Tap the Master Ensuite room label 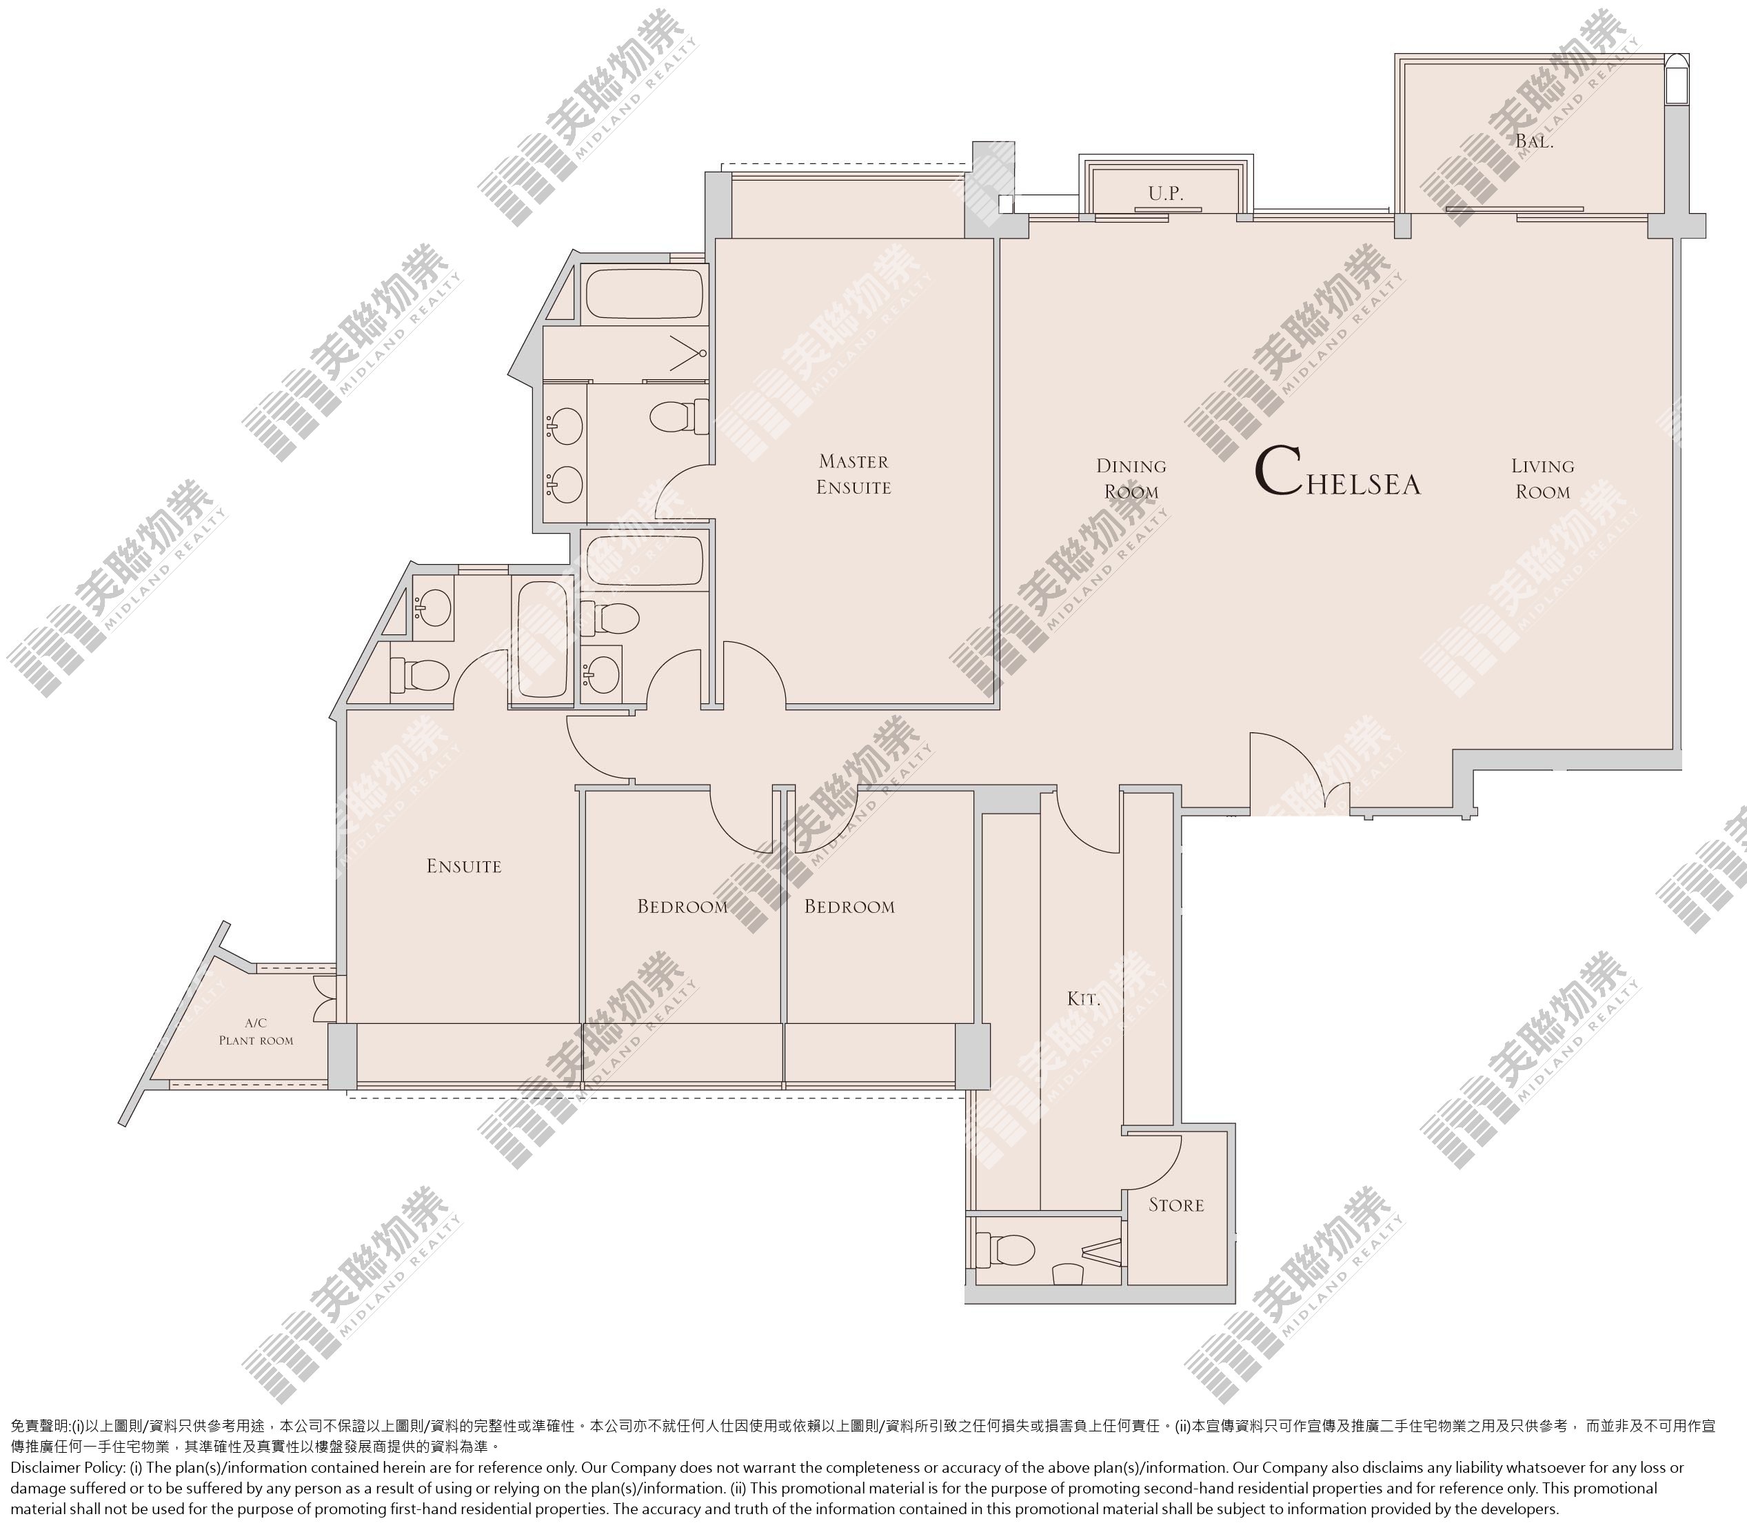(853, 474)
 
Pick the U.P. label (1166, 194)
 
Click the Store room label (1175, 1205)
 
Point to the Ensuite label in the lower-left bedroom (464, 866)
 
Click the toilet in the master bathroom (680, 418)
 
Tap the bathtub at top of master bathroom (645, 294)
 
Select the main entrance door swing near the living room (1300, 771)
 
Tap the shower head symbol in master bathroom (688, 352)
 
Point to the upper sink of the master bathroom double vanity (565, 424)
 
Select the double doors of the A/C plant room (325, 998)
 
